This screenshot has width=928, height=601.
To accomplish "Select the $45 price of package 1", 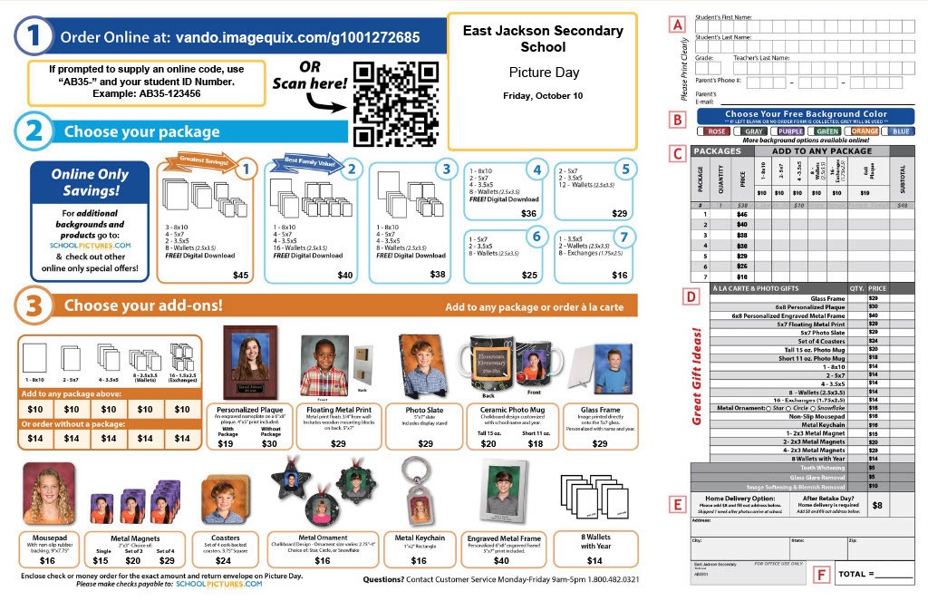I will click(240, 275).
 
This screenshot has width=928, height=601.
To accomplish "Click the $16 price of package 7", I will click(619, 275).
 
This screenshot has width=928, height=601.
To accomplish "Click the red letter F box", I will click(821, 574).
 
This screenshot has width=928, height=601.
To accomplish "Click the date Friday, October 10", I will click(543, 95).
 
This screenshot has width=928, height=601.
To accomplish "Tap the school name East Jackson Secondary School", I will click(543, 38).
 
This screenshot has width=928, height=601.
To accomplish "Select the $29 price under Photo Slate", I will click(425, 443).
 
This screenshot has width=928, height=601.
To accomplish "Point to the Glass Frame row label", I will click(828, 297).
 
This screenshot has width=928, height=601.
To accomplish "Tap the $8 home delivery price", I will click(876, 505).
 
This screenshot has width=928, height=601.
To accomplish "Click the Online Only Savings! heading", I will click(90, 181).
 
